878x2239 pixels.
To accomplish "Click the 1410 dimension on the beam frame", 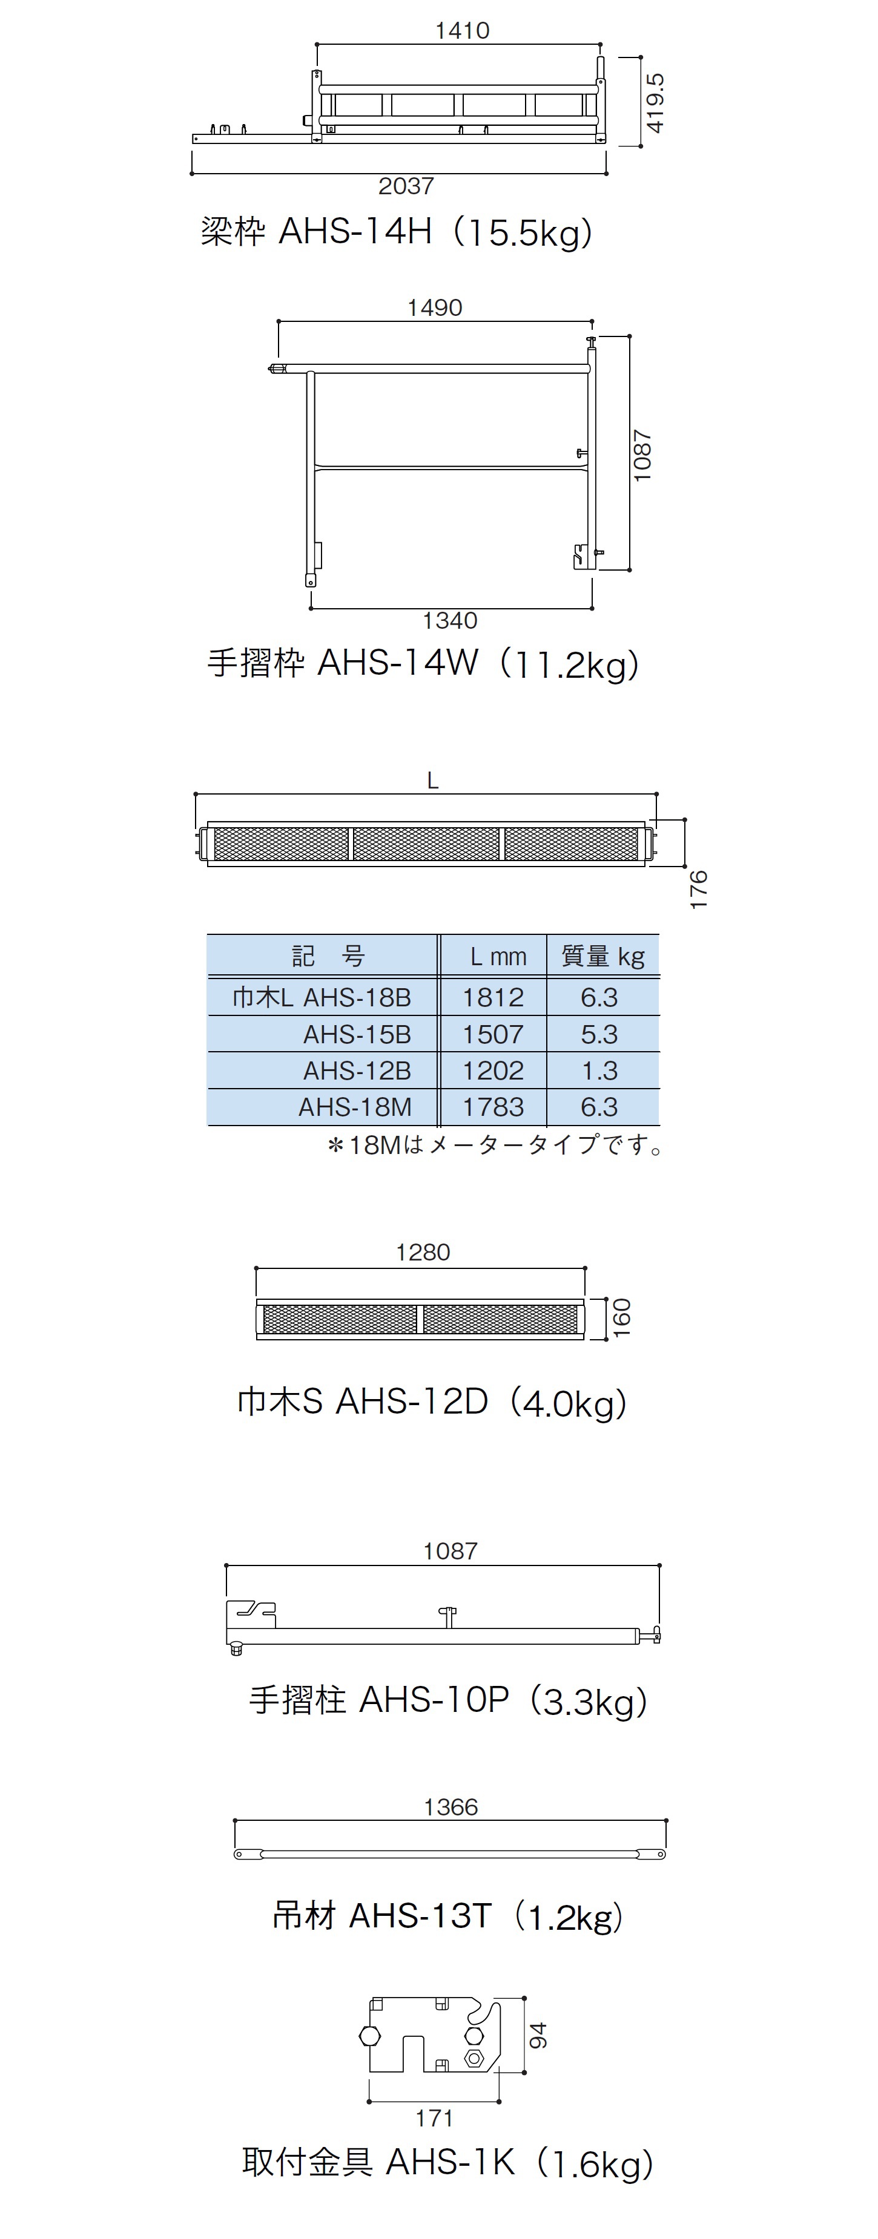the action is tap(461, 30).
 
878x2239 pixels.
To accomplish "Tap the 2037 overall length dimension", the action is tap(406, 186).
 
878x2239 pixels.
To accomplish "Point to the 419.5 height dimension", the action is tap(656, 102).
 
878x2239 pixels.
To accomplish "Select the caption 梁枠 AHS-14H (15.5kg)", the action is tap(397, 233).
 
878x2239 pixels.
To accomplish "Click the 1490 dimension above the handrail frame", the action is tap(435, 307).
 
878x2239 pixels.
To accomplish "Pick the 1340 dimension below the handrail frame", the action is tap(449, 621).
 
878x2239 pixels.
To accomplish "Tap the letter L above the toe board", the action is tap(432, 781).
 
